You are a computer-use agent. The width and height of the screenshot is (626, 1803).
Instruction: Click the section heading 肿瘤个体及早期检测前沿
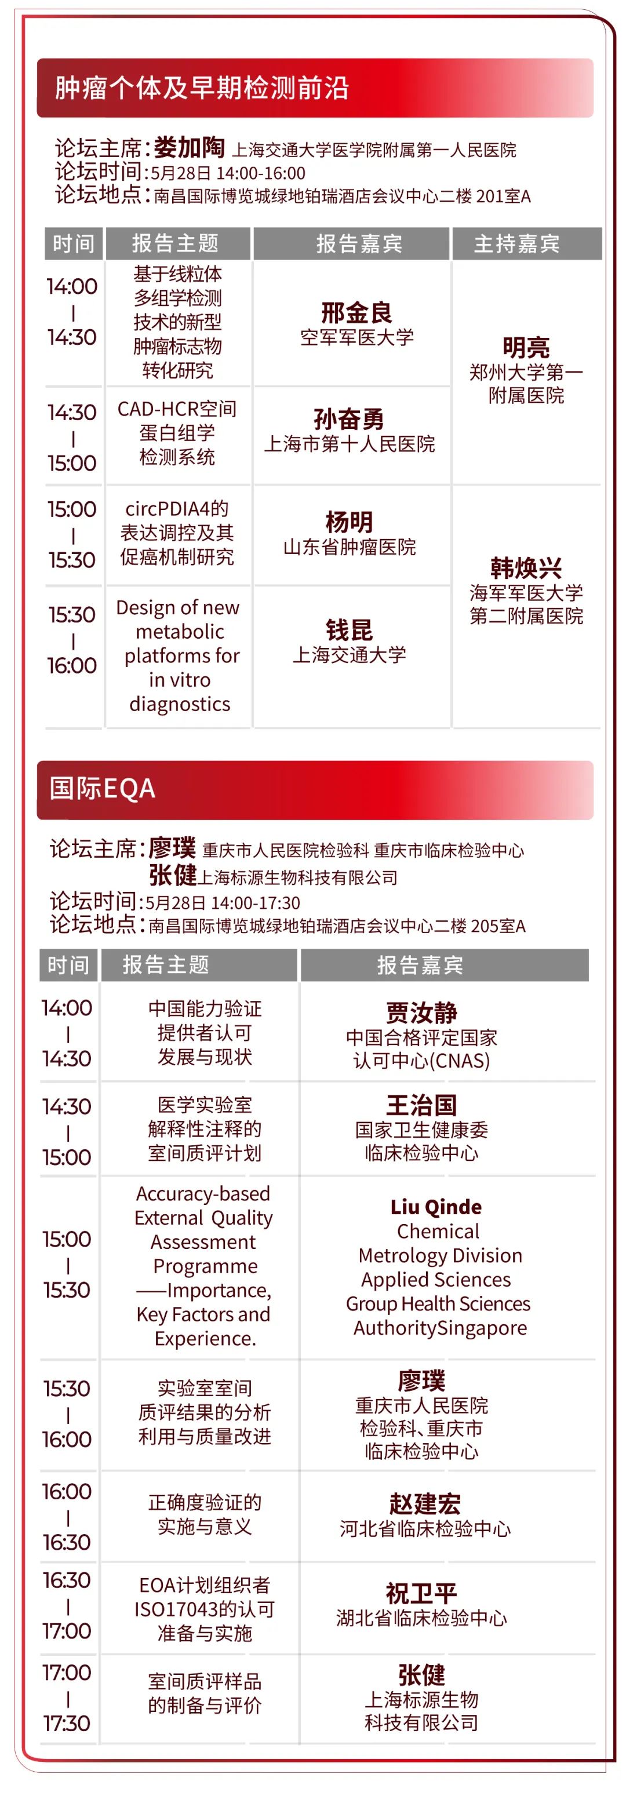[202, 88]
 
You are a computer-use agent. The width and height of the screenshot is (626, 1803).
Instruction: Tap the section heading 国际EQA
[102, 788]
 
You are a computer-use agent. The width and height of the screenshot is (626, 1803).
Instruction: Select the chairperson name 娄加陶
[189, 148]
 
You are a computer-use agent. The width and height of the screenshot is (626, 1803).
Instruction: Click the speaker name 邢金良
[356, 312]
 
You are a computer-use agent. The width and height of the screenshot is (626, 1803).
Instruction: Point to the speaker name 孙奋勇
[349, 418]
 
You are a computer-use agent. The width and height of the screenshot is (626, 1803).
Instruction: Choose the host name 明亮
[526, 347]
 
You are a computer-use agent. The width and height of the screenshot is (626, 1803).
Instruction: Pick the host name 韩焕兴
[526, 567]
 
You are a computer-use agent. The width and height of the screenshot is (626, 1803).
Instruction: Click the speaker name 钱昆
[349, 629]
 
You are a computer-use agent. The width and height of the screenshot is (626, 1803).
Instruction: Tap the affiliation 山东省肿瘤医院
[350, 547]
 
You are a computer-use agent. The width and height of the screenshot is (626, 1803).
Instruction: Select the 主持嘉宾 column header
[517, 243]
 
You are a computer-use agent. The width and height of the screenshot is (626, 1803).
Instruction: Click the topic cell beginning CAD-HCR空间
[177, 432]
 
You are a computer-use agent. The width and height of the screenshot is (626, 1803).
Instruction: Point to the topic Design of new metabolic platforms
[179, 656]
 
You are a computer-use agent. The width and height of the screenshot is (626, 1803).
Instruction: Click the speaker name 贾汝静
[421, 1012]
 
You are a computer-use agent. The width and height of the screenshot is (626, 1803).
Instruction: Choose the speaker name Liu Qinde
[436, 1207]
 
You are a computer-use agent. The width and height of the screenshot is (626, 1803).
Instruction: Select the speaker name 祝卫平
[421, 1593]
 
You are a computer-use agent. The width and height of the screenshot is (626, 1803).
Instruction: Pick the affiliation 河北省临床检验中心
[425, 1529]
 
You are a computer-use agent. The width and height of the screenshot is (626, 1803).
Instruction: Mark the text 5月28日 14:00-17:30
[223, 903]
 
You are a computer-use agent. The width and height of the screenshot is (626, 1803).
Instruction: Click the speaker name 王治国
[421, 1105]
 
